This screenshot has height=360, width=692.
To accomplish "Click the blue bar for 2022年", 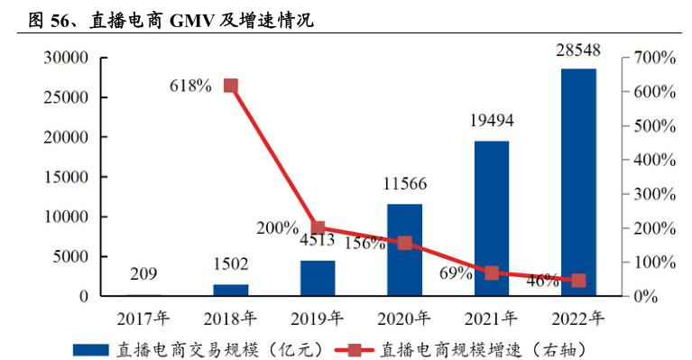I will click(578, 181).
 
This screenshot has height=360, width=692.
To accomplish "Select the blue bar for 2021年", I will click(492, 217).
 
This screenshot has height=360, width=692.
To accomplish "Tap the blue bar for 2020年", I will click(404, 250).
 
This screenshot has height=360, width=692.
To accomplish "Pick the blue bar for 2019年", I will click(318, 278).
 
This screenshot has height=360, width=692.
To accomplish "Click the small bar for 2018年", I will click(230, 290).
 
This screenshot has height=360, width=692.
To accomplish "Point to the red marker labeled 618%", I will click(230, 86).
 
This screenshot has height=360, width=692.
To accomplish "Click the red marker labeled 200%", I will click(318, 228).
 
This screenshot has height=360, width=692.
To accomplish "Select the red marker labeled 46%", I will click(578, 281).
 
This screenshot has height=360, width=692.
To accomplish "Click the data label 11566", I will click(404, 184).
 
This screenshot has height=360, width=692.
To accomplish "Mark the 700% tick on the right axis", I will click(653, 58).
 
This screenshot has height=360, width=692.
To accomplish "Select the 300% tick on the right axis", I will click(653, 194).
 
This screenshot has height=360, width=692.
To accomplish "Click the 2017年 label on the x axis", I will click(143, 318).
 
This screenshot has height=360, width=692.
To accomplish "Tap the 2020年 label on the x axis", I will click(404, 318).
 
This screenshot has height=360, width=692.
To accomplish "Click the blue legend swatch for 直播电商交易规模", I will click(90, 347).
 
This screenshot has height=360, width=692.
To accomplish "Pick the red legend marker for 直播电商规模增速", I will click(355, 347).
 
